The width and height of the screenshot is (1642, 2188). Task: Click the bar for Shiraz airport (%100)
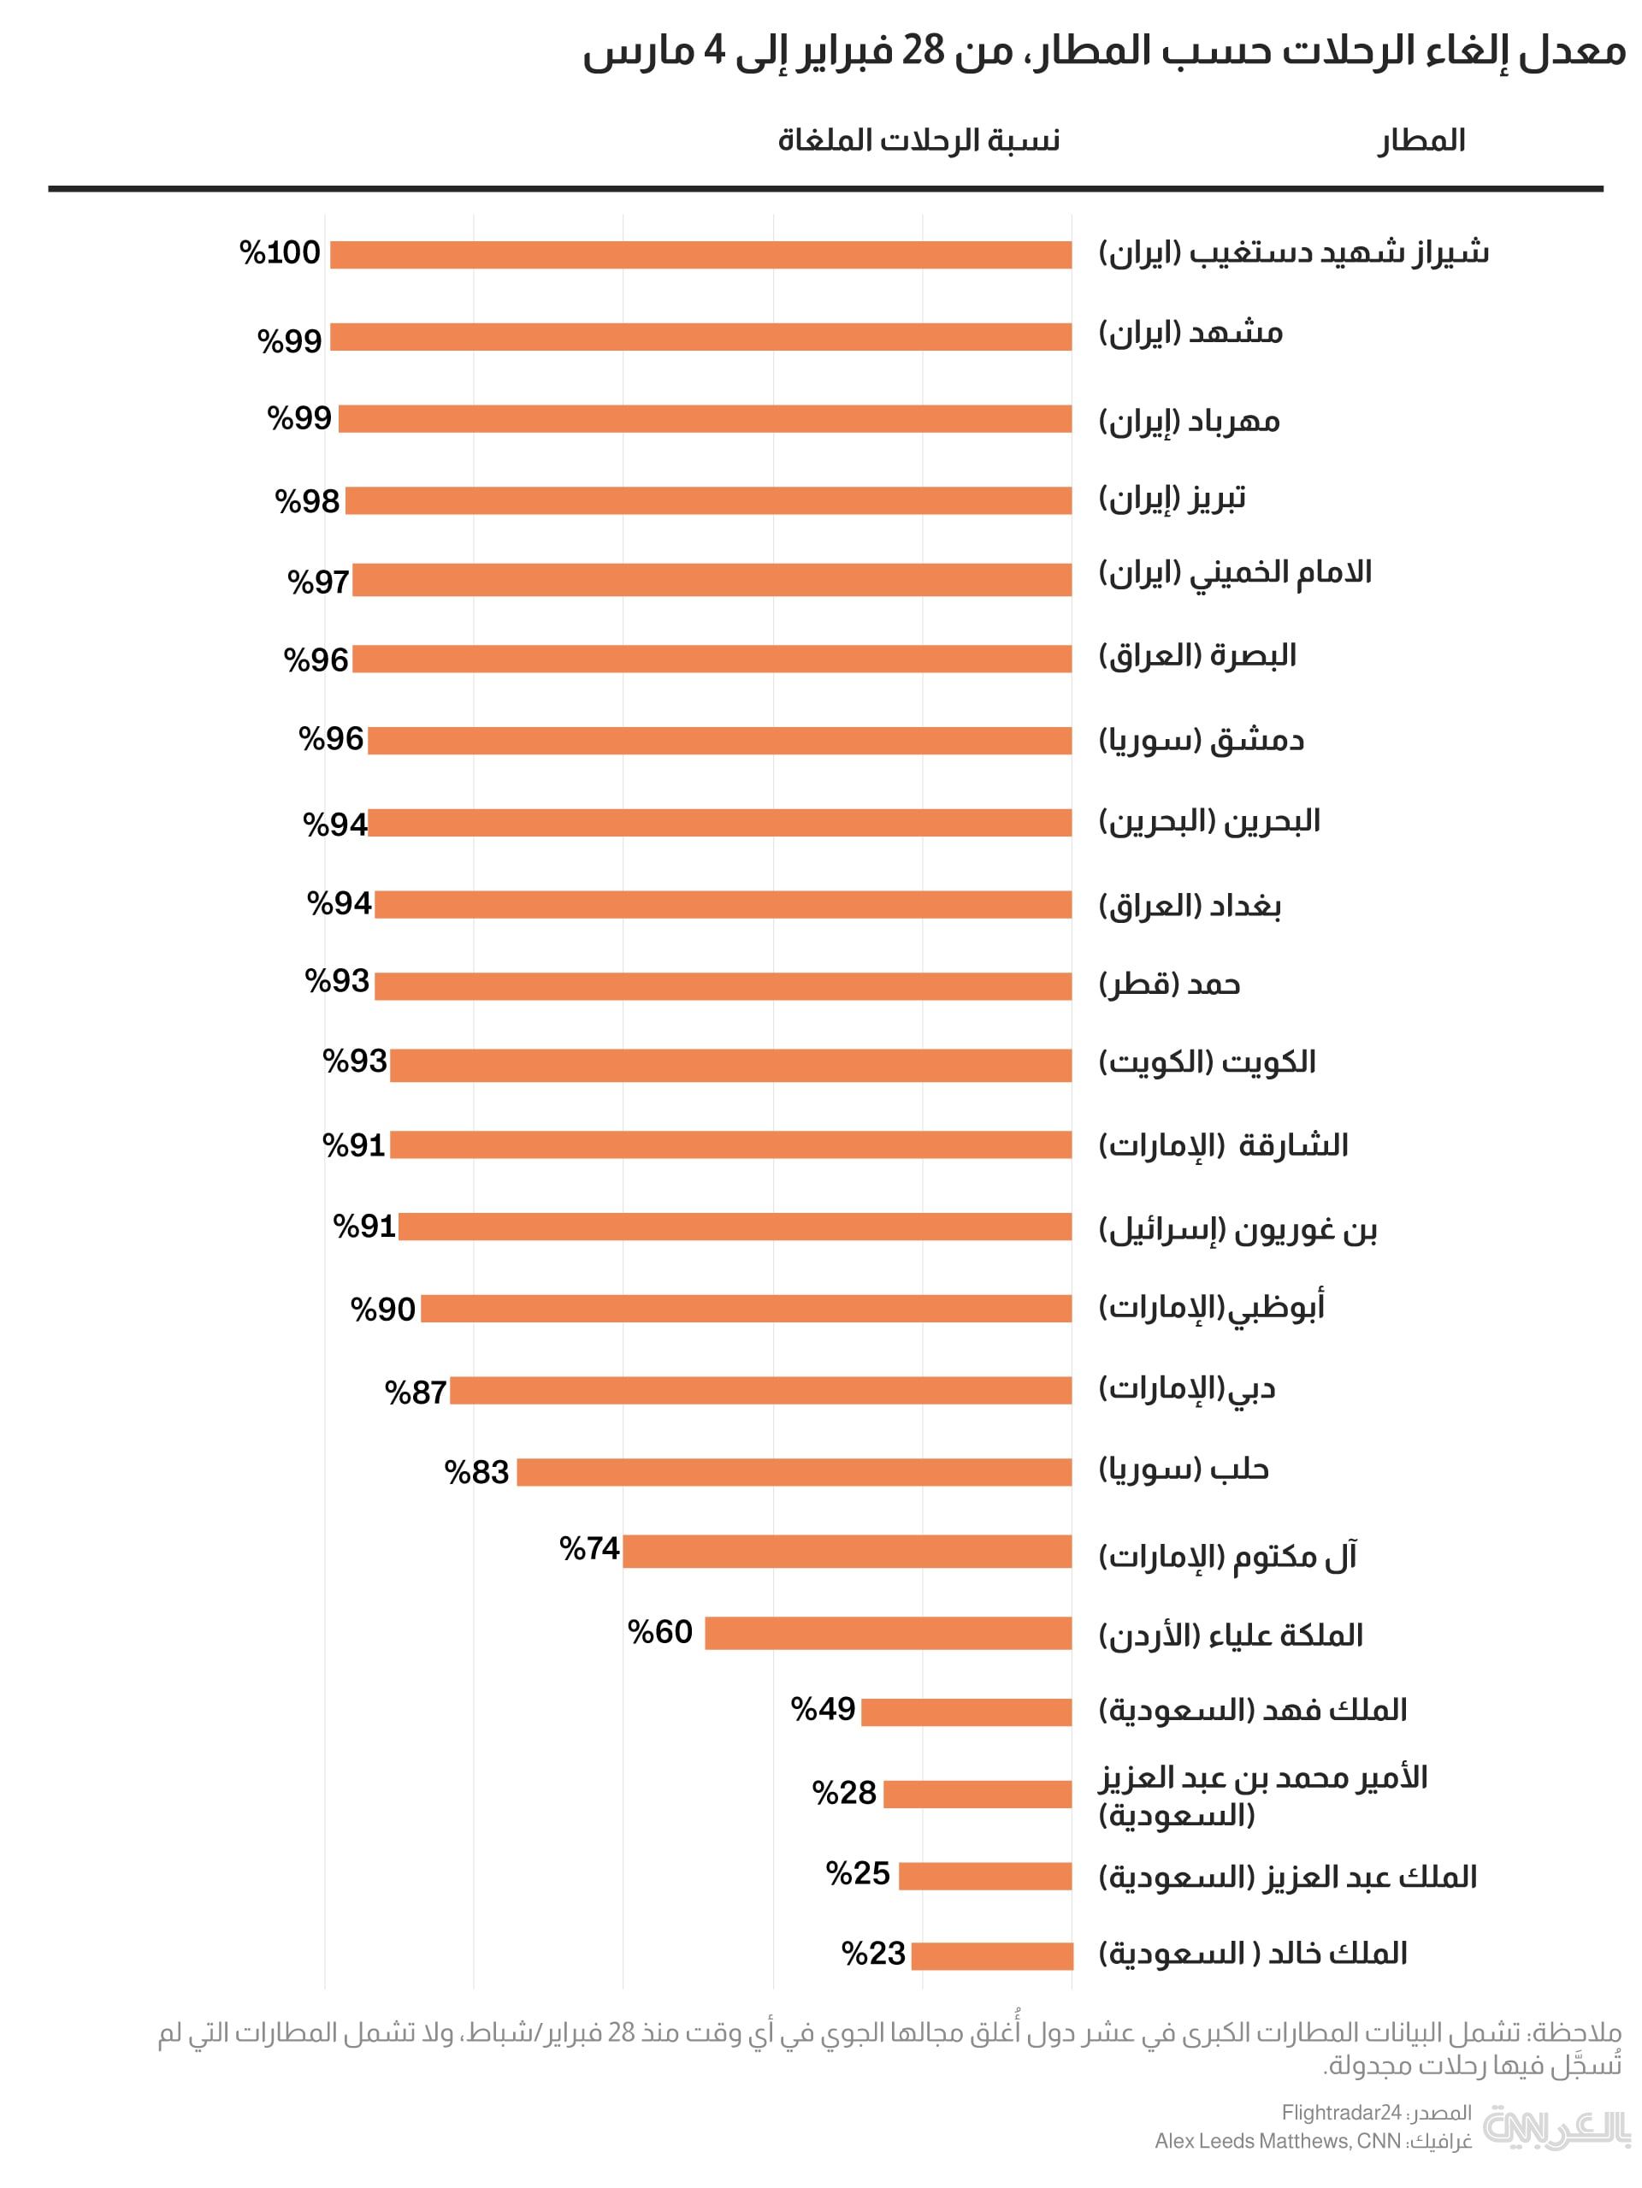point(700,255)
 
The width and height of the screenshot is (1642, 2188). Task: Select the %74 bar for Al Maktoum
point(847,1551)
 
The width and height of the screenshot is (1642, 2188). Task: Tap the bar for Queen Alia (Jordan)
point(887,1633)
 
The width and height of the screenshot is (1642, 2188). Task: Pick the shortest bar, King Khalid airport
point(991,1955)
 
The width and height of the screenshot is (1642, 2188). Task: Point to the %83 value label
point(476,1472)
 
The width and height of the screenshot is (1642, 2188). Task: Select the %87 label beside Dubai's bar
point(416,1392)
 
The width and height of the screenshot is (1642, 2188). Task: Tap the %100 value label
point(280,253)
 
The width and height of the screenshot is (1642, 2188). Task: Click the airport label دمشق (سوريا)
point(1201,740)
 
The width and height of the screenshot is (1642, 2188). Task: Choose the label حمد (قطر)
point(1169,985)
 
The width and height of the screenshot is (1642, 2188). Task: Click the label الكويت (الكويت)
point(1207,1062)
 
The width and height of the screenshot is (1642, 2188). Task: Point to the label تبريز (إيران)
point(1172,499)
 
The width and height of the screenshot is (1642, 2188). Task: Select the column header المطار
point(1421,140)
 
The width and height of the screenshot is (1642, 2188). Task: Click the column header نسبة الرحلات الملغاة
point(918,140)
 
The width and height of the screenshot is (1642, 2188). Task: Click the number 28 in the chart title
point(923,51)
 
